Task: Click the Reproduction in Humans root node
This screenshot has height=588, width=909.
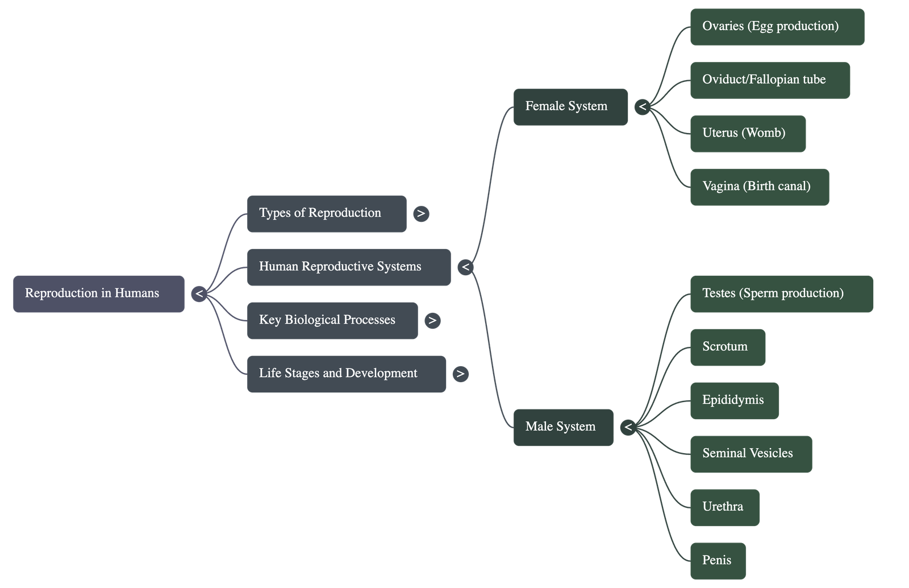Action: [x=98, y=293]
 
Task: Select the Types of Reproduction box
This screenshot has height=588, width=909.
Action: [x=327, y=213]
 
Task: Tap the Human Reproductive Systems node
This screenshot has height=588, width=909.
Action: [x=349, y=267]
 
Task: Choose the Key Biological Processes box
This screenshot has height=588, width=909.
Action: [x=332, y=320]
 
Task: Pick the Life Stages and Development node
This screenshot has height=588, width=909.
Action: [x=347, y=374]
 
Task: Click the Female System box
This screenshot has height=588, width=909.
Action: [x=570, y=106]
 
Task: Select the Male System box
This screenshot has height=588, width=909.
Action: [x=563, y=427]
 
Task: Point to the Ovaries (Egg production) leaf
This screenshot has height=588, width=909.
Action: [x=777, y=26]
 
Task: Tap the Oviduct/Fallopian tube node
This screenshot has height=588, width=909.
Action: [x=770, y=80]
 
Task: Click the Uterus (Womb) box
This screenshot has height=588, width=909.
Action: [x=748, y=133]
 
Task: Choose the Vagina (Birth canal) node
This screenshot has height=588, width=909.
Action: [x=760, y=187]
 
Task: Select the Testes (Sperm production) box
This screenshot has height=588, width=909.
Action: [x=781, y=293]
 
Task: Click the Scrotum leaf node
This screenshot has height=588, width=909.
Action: [x=728, y=347]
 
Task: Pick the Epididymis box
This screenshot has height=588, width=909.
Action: [x=735, y=400]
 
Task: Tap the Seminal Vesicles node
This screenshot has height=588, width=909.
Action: [x=750, y=454]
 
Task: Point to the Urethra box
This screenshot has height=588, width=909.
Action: [x=725, y=507]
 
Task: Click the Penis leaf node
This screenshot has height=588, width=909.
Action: [x=718, y=560]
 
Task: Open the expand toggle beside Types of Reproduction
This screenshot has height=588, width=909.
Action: [x=421, y=214]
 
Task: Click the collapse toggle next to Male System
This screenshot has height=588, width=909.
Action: [x=628, y=427]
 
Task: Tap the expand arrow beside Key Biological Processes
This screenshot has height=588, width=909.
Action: [x=432, y=320]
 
